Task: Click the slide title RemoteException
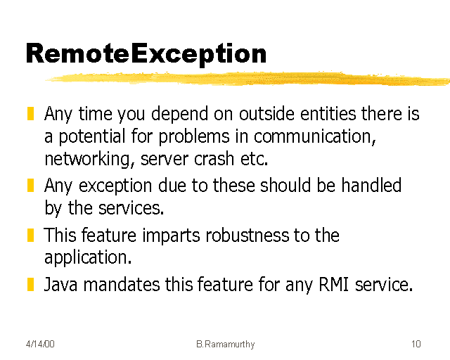click(x=146, y=53)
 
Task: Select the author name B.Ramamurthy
click(x=225, y=344)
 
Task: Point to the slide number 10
click(x=416, y=344)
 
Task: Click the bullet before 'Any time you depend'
click(x=31, y=113)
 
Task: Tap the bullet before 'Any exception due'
click(x=31, y=186)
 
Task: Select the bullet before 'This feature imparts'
click(x=31, y=234)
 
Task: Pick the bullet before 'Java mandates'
click(x=31, y=285)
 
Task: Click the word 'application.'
click(x=88, y=258)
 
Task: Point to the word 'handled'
click(x=371, y=186)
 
